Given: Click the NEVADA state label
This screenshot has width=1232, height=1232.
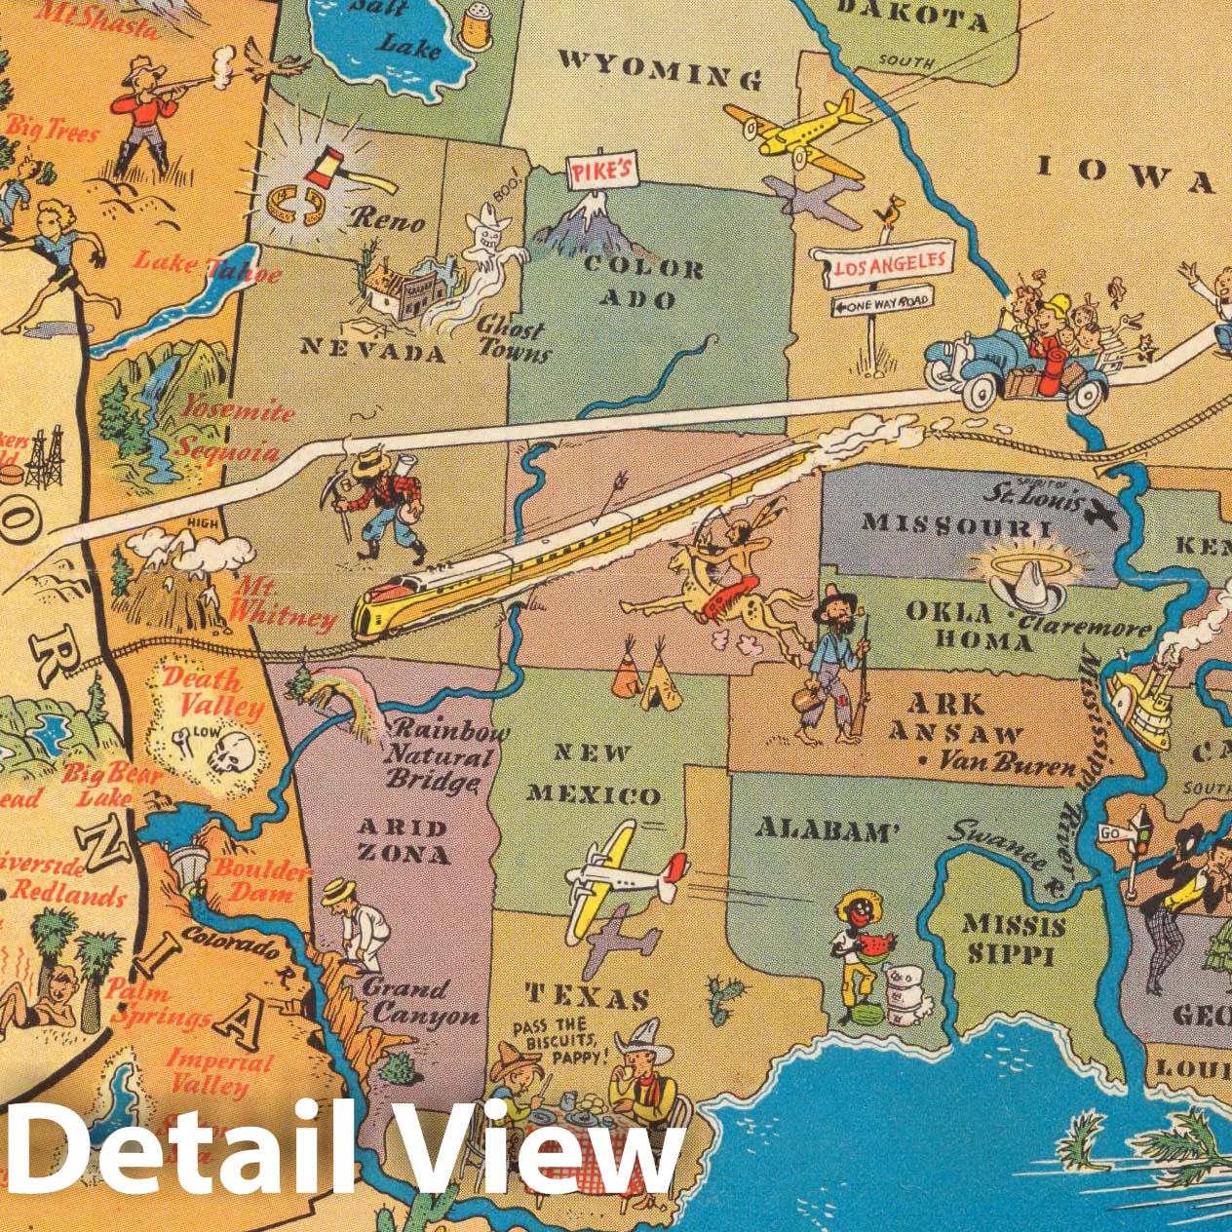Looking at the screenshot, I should (x=373, y=348).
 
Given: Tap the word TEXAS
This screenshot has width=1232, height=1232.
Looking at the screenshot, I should (x=589, y=996).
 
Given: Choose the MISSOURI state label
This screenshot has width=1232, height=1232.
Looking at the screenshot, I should (x=956, y=524).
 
